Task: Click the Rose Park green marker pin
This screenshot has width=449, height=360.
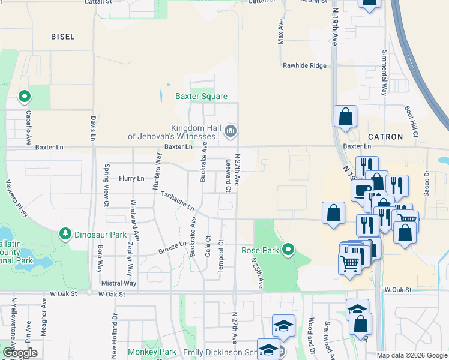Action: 289,249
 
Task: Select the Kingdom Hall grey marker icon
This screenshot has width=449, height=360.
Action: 230,131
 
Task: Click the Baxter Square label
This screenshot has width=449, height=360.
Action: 201,96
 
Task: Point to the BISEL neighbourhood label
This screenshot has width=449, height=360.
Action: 63,37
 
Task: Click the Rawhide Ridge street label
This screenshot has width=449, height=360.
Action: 305,66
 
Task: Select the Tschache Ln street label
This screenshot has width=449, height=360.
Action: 178,200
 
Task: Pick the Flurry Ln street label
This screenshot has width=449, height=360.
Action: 131,178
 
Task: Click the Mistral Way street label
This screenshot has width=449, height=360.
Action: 119,283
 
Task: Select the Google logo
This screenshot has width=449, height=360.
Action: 20,353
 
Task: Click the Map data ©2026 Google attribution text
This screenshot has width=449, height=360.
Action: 412,355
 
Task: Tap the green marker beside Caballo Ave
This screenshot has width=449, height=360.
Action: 25,96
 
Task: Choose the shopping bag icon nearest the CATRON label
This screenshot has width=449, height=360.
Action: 346,118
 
